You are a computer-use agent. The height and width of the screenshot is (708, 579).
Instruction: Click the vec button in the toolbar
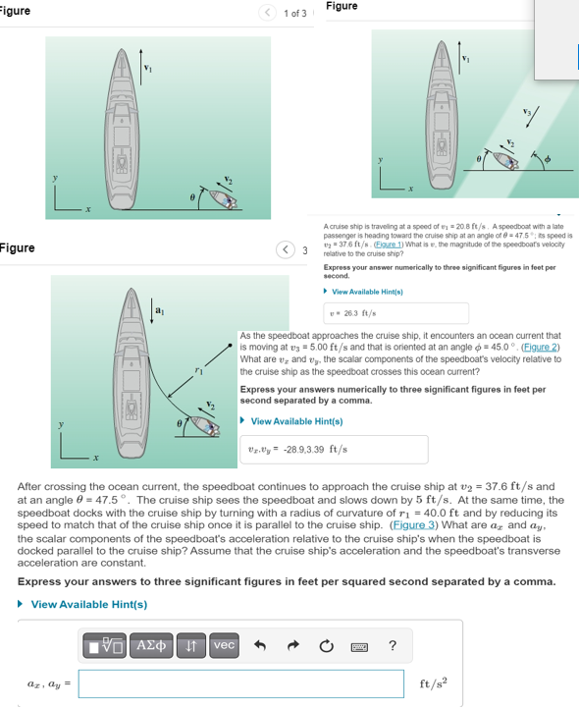tap(224, 644)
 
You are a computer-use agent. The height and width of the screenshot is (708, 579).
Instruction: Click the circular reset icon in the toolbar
tap(328, 645)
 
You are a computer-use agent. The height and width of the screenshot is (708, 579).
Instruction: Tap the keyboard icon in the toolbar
tap(359, 645)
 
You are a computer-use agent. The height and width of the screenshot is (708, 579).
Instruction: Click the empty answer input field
tap(240, 683)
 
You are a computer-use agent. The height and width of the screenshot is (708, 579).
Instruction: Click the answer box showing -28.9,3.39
tap(334, 450)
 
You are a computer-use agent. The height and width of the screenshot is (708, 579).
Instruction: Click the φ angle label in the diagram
tap(549, 156)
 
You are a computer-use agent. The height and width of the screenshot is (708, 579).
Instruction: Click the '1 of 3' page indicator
tap(294, 13)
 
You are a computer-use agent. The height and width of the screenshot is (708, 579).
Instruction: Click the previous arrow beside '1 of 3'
tap(268, 13)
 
